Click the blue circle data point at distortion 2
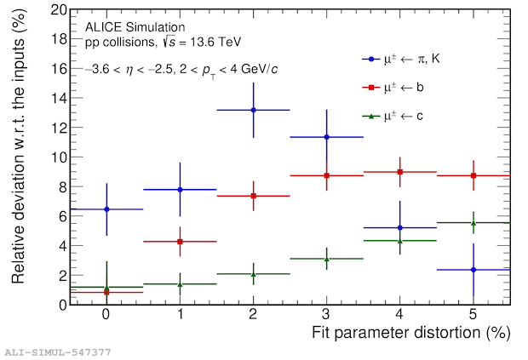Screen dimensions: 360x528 coord(253,110)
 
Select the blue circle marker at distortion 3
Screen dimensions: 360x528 coord(326,137)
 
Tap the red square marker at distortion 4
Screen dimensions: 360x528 coord(400,172)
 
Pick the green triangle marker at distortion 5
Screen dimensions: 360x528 coord(473,223)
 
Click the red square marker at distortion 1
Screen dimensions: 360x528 coord(180,242)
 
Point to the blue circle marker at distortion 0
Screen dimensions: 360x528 coord(106,209)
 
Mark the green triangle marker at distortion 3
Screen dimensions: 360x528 coord(326,259)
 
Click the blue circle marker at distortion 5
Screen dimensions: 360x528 coord(473,270)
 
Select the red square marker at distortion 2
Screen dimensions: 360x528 coord(253,196)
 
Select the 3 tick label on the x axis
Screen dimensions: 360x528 coord(326,315)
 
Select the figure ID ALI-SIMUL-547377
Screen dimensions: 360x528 coord(57,351)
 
